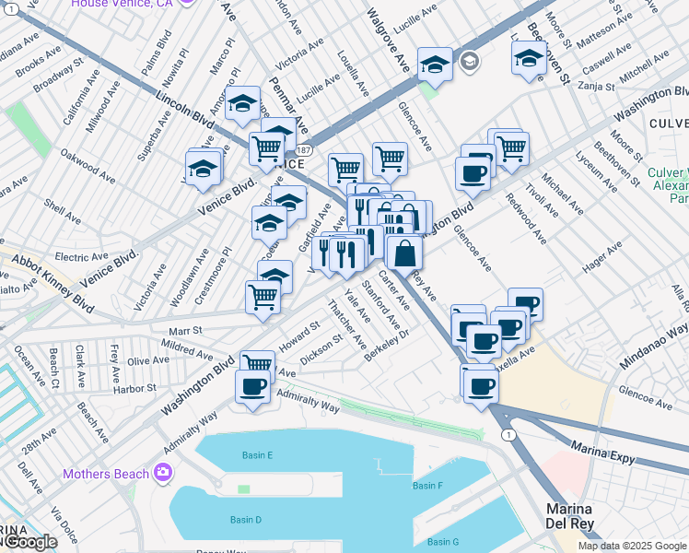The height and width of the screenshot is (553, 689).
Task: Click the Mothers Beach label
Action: (106, 475)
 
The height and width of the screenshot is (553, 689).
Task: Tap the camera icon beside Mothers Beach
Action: (163, 474)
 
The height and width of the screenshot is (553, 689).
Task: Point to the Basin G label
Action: (443, 541)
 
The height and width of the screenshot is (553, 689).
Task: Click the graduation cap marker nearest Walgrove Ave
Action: (435, 64)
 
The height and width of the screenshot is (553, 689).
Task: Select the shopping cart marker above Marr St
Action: (263, 297)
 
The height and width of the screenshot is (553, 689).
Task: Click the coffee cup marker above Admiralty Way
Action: (253, 387)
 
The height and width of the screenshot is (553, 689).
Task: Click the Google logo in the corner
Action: (30, 543)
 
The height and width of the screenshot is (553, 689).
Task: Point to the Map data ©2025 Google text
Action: (632, 546)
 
